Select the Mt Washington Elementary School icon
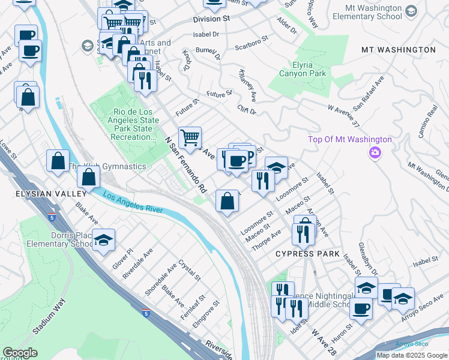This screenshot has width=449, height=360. (x=411, y=11)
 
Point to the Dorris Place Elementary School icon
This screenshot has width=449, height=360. (x=104, y=239)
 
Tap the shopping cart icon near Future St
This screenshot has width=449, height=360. (x=190, y=137)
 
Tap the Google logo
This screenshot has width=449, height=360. (x=20, y=353)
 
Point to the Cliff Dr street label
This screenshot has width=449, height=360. (x=247, y=110)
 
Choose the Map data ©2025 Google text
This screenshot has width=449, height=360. (x=412, y=355)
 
